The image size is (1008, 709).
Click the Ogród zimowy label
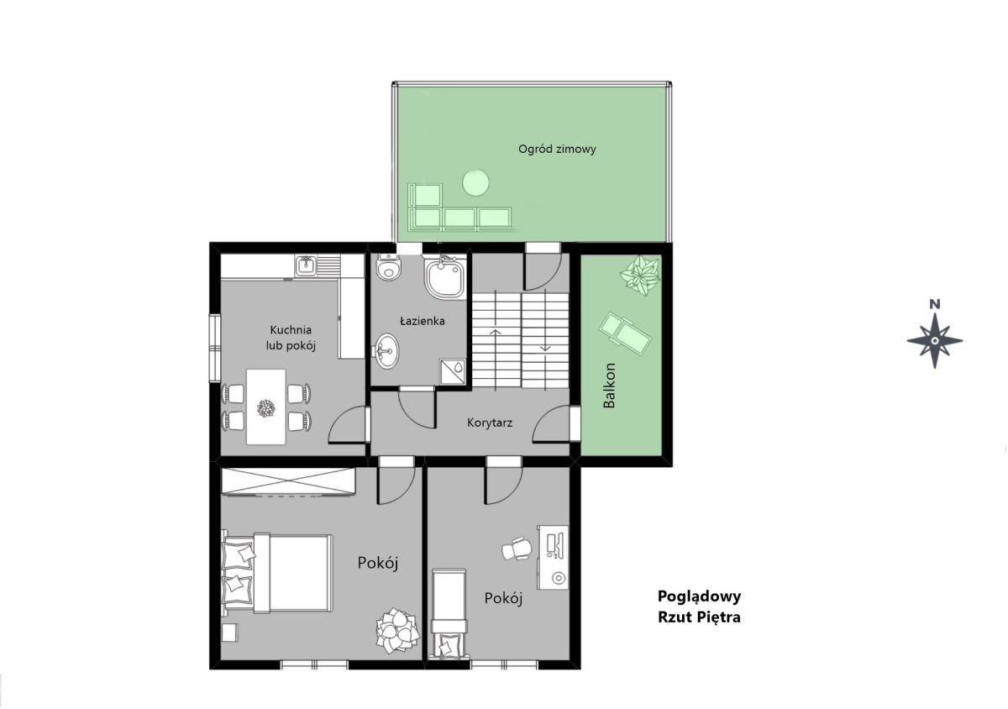(x=557, y=150)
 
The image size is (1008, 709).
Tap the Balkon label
(x=609, y=386)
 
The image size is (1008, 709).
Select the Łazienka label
(x=423, y=321)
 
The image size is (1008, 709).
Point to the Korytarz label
(x=490, y=423)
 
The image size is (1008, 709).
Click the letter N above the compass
(x=935, y=305)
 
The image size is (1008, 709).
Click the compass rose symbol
(x=935, y=341)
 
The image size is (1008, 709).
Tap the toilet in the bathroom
(x=388, y=267)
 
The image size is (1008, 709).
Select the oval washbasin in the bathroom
(x=387, y=351)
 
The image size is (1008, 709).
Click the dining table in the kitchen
(x=266, y=407)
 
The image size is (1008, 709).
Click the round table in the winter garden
(x=475, y=182)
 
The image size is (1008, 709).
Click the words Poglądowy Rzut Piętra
(x=699, y=607)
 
